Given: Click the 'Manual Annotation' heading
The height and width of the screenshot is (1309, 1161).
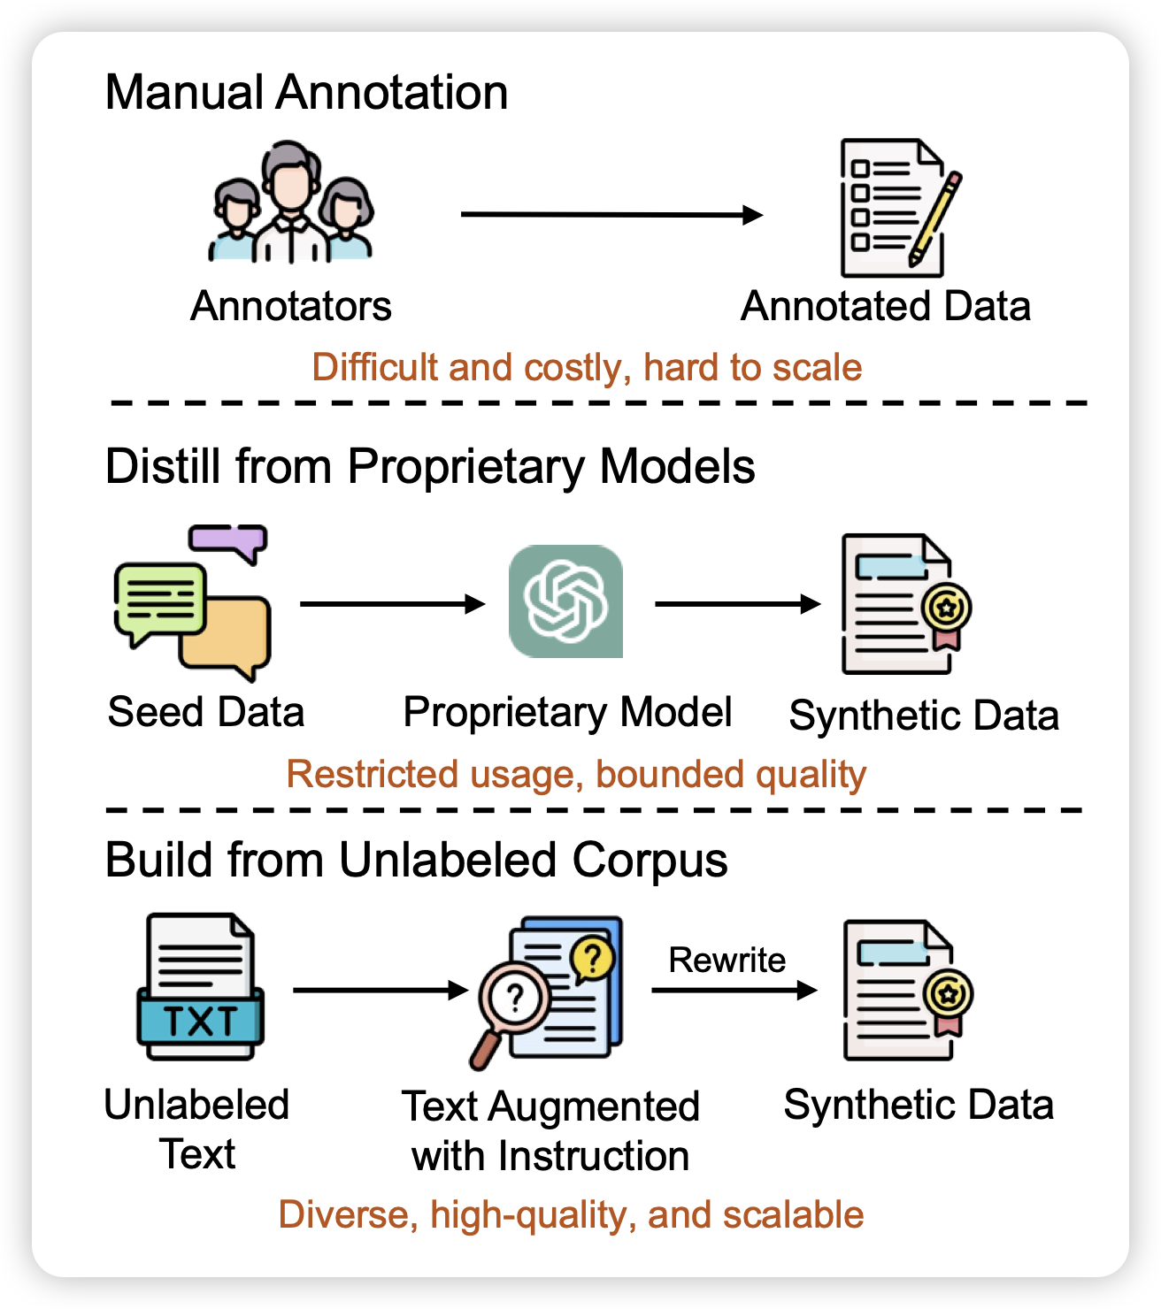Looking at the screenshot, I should point(306,92).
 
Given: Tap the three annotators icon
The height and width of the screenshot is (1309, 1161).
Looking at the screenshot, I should point(291,203).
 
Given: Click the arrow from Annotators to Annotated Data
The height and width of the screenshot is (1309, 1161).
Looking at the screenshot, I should point(611,214).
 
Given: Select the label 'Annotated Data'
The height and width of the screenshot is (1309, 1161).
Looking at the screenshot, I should point(886,306).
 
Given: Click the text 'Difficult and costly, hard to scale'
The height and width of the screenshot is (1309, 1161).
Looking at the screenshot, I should point(587,367).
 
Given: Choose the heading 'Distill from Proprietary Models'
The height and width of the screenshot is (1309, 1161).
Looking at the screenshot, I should point(430,466).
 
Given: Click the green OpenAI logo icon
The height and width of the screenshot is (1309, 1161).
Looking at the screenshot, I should point(566,601).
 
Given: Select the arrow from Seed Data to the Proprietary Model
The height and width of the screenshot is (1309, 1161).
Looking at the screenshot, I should point(392,604).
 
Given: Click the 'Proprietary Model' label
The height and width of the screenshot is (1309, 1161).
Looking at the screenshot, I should point(567,712).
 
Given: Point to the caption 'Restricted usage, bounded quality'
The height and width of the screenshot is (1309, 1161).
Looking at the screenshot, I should point(576,774).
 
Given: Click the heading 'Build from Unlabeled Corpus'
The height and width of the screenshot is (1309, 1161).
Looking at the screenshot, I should point(416,859).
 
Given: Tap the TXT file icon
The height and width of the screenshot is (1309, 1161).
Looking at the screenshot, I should point(201,987).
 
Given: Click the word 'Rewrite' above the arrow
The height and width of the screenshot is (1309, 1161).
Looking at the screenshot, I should point(727,960).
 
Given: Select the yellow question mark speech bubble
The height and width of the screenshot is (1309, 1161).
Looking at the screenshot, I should point(593,957).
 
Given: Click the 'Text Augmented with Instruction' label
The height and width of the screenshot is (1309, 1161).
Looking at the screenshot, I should point(550,1131).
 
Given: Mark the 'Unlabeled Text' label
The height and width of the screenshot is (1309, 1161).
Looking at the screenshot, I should point(196,1129).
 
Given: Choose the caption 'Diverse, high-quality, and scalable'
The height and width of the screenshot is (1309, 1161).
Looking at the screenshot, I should point(571,1214).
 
